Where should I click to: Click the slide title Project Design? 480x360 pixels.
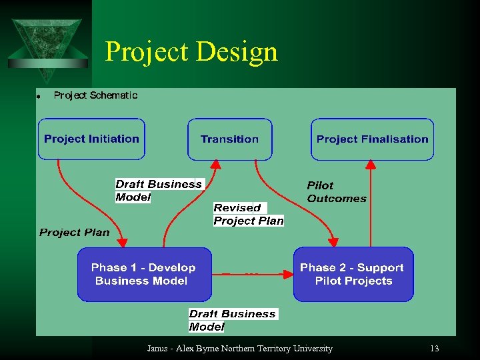191,51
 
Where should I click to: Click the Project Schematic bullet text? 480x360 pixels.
95,95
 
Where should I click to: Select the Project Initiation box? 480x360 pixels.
91,139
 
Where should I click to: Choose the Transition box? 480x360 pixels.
229,139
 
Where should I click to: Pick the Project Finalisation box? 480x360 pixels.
372,139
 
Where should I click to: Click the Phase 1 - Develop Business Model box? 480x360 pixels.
143,274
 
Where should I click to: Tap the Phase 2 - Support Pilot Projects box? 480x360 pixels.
353,274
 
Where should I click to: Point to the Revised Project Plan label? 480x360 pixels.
248,215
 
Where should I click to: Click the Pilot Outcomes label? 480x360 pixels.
336,192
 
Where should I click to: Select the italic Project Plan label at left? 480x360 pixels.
74,233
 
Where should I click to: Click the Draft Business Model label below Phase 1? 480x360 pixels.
232,320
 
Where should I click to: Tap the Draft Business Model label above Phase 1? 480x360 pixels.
158,190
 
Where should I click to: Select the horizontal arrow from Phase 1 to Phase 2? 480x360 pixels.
253,274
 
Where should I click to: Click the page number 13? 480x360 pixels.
435,349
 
